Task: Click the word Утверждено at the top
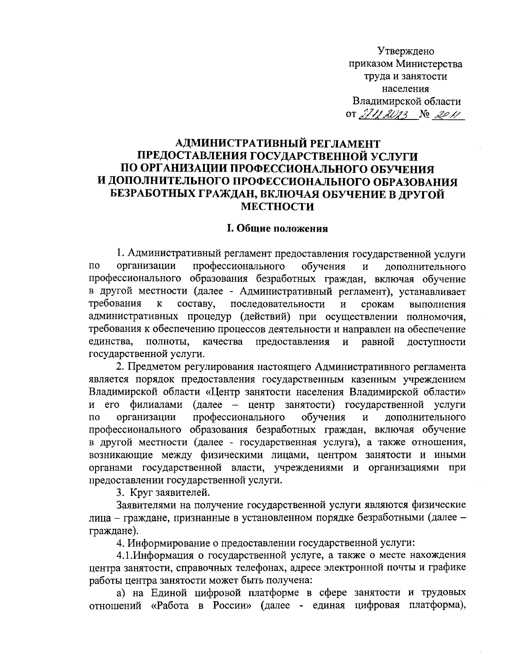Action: (x=406, y=52)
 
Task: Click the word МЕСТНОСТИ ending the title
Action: (x=278, y=207)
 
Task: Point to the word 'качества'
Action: (x=223, y=342)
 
